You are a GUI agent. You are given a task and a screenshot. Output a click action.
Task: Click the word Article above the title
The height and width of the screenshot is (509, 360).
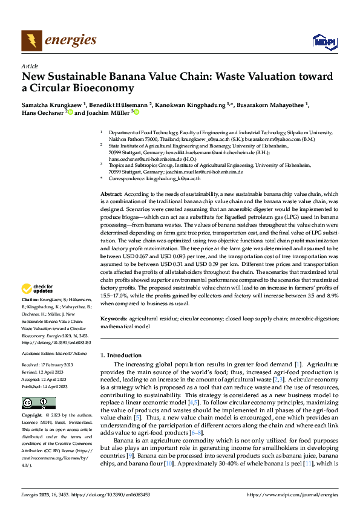point(29,66)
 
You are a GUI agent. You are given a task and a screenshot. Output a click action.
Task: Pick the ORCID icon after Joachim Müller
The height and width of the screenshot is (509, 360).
point(137,112)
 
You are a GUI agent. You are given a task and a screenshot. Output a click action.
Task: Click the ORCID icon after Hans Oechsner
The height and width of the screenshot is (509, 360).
point(69,112)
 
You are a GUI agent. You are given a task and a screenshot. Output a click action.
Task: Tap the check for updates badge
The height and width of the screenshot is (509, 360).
point(38,290)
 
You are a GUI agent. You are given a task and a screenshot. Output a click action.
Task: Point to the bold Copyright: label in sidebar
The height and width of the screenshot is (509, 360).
point(33,416)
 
